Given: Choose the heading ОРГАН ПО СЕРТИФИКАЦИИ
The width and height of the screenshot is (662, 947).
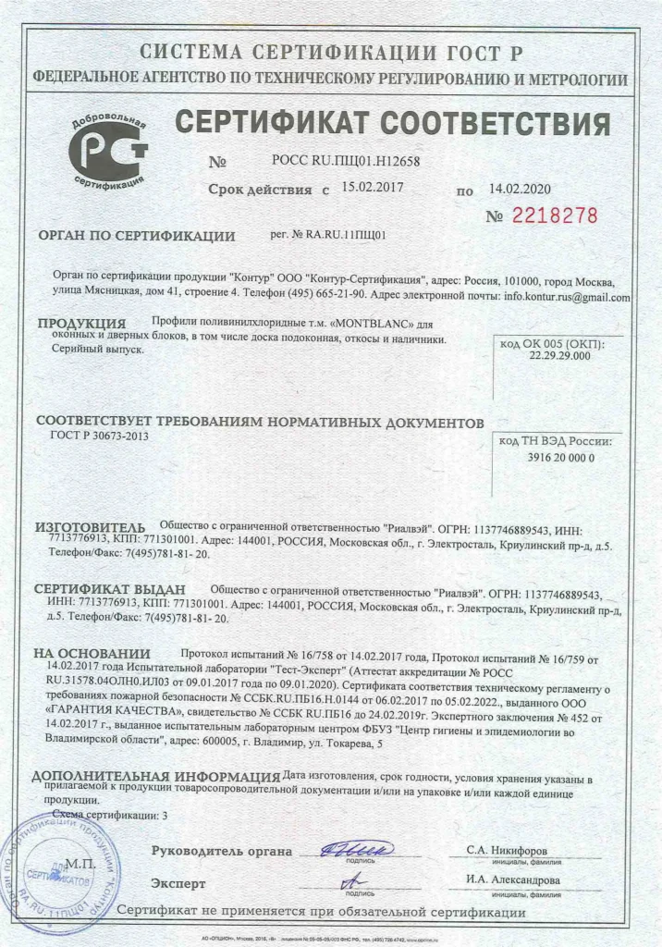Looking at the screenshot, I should pos(137,235).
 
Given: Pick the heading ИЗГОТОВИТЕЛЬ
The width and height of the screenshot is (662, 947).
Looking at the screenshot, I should pos(91,528).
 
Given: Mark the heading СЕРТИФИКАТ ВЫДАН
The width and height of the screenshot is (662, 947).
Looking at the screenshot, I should pos(110,588).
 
